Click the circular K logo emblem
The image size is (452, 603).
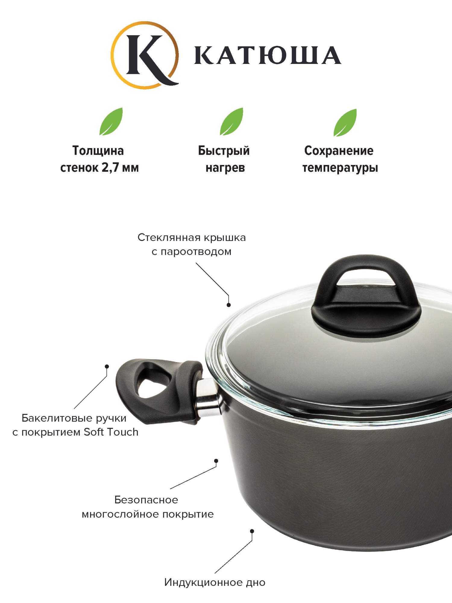(144, 55)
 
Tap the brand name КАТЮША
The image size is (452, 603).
(268, 55)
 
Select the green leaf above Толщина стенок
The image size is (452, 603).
(111, 121)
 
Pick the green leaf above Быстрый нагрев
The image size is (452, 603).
(231, 121)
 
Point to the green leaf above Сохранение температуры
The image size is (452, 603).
(345, 122)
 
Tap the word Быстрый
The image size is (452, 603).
(224, 151)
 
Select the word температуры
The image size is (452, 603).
(340, 168)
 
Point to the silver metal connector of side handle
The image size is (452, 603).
(207, 396)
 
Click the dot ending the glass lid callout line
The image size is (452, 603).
(229, 305)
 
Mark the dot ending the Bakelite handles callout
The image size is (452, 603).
(107, 367)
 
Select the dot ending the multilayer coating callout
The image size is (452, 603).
(216, 461)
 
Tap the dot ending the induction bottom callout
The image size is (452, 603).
(252, 531)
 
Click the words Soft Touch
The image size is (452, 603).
(111, 432)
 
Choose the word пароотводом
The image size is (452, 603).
(196, 252)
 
